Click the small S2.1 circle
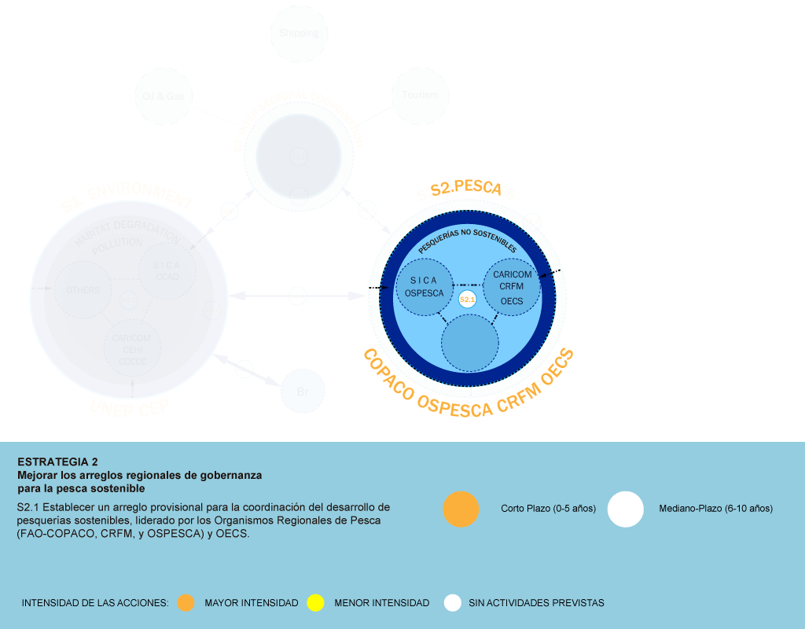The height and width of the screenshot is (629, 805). tap(467, 300)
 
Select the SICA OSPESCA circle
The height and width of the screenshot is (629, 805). tap(425, 287)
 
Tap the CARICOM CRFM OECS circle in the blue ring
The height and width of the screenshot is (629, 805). tap(512, 286)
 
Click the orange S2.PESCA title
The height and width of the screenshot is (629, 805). tap(465, 189)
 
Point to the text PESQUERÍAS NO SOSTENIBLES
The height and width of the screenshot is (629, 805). tap(467, 241)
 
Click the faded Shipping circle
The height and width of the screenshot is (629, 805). tap(299, 33)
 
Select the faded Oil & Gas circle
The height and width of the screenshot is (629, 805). tap(164, 96)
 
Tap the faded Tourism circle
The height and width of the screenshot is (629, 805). tap(420, 95)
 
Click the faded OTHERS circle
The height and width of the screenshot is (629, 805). tap(82, 290)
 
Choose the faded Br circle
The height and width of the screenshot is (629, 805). tap(302, 392)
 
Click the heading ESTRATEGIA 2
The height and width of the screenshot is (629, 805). tap(57, 462)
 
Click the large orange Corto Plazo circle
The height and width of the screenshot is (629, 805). tap(461, 509)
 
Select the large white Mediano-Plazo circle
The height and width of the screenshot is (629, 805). tap(625, 509)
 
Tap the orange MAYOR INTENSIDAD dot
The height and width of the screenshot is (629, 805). tap(186, 603)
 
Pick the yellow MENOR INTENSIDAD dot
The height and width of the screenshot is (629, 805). tap(315, 603)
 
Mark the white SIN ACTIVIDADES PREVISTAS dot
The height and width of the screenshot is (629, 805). tap(452, 603)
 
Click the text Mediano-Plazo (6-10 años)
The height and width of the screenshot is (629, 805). tap(715, 509)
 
